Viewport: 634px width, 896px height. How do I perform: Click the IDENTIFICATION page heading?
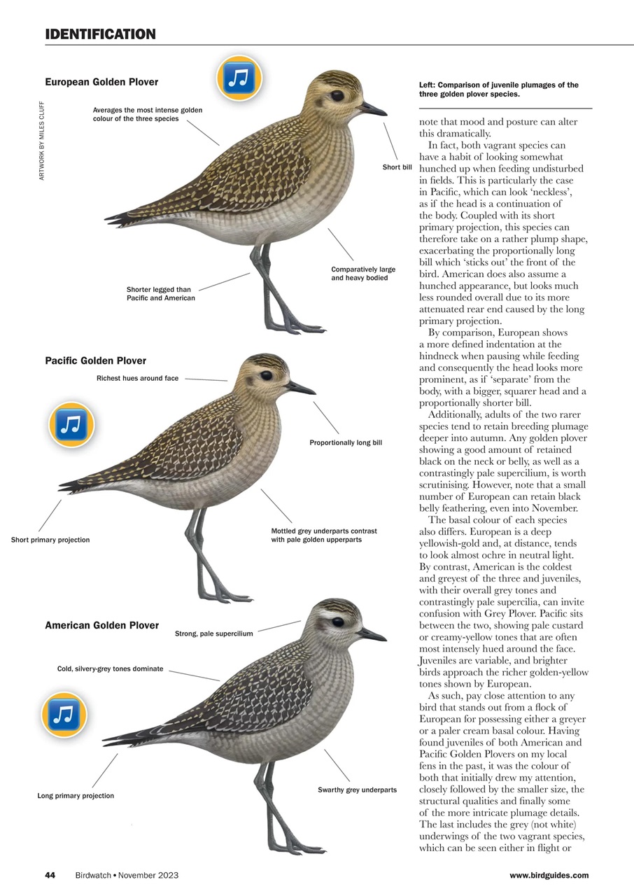(100, 34)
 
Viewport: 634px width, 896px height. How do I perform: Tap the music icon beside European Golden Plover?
(239, 78)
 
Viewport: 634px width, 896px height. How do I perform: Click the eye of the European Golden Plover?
(337, 95)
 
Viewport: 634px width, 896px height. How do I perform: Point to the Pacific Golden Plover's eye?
(266, 376)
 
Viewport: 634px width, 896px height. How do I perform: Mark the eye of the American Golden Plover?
(337, 622)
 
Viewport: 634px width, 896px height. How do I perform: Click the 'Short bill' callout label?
(397, 167)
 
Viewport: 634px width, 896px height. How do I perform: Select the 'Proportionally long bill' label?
(346, 442)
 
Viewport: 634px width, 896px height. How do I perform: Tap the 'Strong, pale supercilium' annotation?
(213, 634)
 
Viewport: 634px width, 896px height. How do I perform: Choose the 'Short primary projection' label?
(50, 540)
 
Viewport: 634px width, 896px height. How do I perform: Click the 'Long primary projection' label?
(76, 796)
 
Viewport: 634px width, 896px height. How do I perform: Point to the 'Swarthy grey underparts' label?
(357, 790)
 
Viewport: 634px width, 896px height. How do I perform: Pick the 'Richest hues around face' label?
(137, 378)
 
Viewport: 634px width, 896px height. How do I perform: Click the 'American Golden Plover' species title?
(101, 625)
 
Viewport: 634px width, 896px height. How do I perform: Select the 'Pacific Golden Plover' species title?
(96, 360)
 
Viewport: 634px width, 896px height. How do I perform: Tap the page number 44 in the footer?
(50, 875)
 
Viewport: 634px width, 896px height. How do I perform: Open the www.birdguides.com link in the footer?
(549, 875)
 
